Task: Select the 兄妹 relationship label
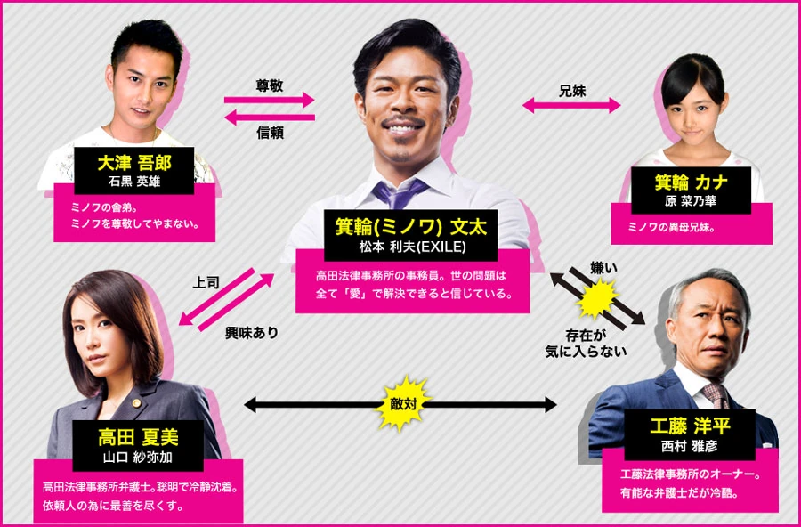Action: (571, 90)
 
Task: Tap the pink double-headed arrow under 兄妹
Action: (571, 106)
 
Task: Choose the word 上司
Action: (206, 282)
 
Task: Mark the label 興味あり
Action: (252, 332)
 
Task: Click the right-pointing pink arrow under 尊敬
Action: (270, 101)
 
